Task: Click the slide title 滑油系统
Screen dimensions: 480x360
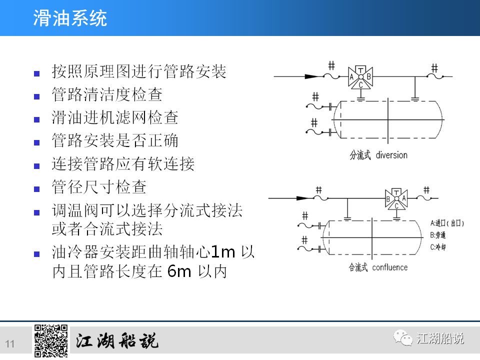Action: pos(70,18)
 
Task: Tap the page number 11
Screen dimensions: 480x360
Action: pos(10,343)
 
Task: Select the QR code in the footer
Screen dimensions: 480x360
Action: pos(50,341)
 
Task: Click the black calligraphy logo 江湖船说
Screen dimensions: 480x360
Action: pos(117,341)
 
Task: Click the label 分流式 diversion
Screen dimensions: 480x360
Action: pos(378,154)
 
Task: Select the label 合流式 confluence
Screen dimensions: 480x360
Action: pos(378,267)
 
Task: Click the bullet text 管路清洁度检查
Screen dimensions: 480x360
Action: pos(107,94)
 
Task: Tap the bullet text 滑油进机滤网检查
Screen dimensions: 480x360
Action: pos(115,118)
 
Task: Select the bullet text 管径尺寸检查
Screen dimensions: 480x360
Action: pos(99,187)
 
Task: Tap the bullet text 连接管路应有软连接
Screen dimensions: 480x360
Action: pos(123,164)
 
